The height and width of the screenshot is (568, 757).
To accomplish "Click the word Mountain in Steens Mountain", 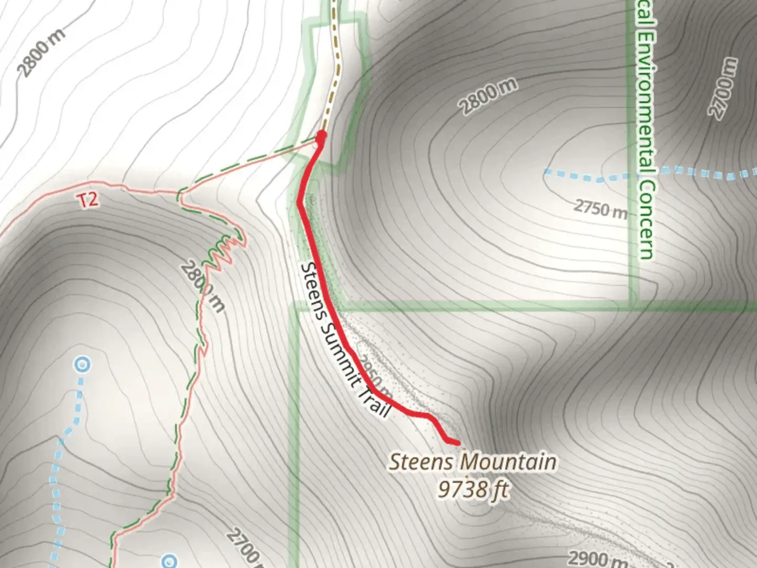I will (508, 462).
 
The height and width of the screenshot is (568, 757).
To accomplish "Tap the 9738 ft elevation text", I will (473, 490).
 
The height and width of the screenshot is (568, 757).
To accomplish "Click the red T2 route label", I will (89, 200).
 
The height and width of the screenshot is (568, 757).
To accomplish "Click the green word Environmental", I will (647, 100).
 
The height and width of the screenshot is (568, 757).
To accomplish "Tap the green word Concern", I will (648, 221).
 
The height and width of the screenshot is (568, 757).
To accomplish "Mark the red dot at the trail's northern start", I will (321, 136).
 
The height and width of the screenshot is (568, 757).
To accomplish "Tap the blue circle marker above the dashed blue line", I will (82, 364).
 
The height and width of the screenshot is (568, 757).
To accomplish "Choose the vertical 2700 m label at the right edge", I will (724, 88).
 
